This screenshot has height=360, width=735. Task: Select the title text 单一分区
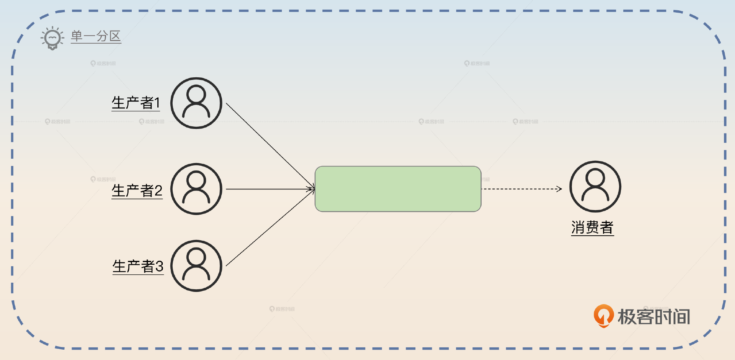(x=96, y=36)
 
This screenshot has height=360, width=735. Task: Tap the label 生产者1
(x=136, y=103)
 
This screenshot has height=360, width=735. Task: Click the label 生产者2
(x=137, y=190)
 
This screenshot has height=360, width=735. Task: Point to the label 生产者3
(x=137, y=266)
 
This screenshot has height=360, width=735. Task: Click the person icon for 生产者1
(x=196, y=103)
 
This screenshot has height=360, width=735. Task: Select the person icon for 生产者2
(x=196, y=189)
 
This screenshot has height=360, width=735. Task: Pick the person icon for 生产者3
(x=196, y=266)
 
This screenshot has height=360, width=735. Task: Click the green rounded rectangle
(x=398, y=189)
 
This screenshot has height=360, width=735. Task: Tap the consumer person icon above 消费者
(x=595, y=187)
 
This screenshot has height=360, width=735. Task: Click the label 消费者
(x=592, y=227)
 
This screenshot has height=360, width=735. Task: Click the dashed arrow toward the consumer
(x=521, y=189)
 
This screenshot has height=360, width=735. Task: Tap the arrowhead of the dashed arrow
(x=560, y=189)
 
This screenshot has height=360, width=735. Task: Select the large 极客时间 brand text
(x=654, y=317)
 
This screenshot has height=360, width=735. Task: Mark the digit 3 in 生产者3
(x=159, y=266)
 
